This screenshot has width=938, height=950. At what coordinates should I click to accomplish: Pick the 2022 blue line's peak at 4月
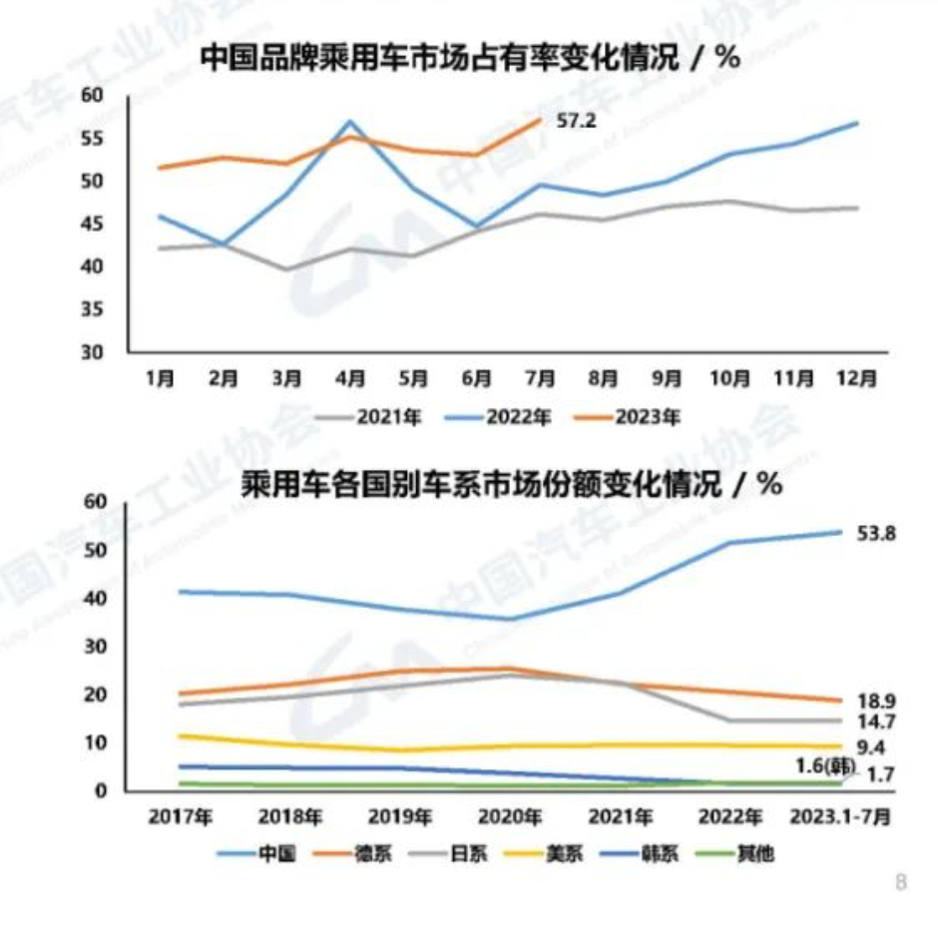[349, 122]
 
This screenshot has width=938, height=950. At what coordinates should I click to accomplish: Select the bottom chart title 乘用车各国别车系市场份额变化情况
[510, 485]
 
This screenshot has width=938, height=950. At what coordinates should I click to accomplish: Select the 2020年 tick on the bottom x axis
[509, 816]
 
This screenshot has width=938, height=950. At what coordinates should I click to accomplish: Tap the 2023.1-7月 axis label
[840, 816]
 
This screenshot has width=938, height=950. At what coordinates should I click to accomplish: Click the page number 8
[901, 882]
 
